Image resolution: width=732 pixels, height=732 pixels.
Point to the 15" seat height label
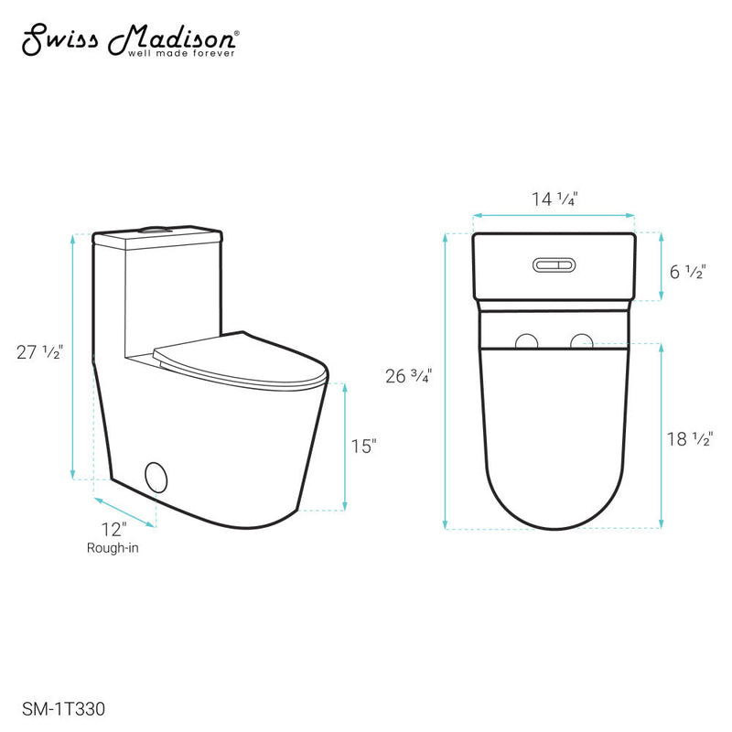point(363,446)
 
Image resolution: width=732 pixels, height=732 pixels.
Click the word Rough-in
point(113,549)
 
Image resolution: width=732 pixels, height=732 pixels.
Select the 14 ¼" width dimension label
point(554,197)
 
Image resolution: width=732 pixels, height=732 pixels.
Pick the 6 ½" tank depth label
point(686,272)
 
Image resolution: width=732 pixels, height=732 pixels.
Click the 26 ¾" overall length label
point(408,375)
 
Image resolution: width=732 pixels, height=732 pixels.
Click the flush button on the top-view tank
point(554,265)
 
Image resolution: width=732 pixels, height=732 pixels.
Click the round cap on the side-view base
point(156,478)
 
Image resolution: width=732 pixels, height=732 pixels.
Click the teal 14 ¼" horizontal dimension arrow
point(554,216)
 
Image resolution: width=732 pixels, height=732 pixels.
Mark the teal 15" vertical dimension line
point(345,446)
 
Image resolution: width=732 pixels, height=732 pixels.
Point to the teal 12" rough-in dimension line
point(125,512)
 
